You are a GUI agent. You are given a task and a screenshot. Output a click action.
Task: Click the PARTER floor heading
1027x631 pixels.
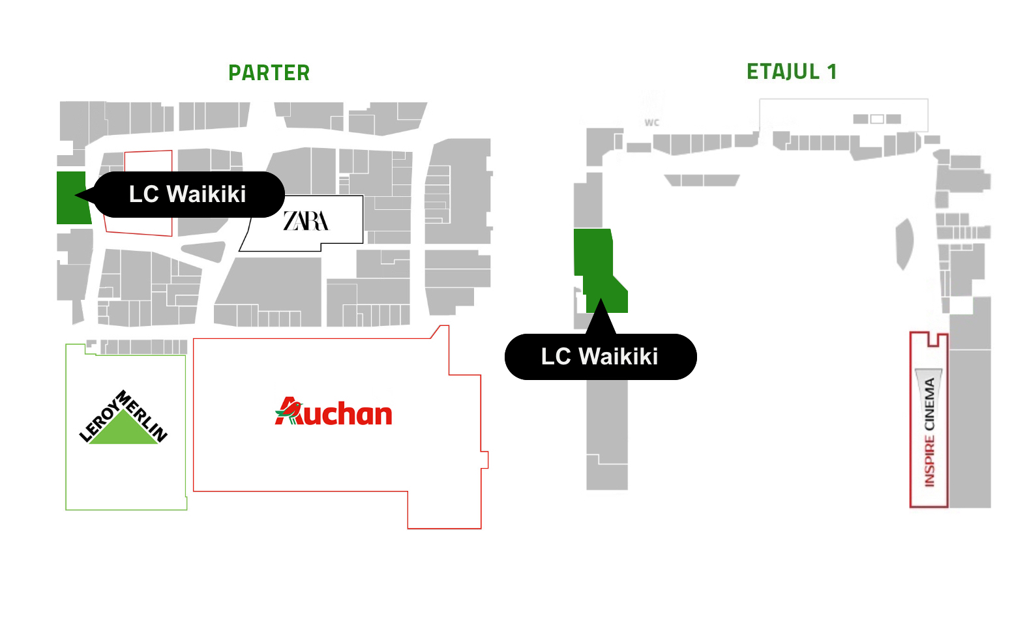click(x=269, y=73)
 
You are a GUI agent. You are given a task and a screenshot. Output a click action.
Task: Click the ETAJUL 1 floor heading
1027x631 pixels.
click(x=792, y=72)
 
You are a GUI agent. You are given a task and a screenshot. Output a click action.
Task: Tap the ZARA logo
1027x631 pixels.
click(x=306, y=221)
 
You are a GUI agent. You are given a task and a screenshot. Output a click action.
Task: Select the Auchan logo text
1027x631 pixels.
click(x=333, y=411)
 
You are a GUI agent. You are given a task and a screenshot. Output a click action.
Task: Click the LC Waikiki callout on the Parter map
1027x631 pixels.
click(x=188, y=194)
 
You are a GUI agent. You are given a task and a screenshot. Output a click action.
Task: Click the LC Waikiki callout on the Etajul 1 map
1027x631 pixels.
click(x=601, y=357)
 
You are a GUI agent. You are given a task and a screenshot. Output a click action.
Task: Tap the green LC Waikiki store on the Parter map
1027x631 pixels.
click(x=72, y=198)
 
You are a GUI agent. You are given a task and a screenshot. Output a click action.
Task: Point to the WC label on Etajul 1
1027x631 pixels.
click(x=651, y=123)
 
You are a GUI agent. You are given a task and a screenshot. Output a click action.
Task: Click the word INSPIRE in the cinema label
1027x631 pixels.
click(x=929, y=462)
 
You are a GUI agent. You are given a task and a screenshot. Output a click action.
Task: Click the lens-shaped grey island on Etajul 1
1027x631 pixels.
click(x=904, y=244)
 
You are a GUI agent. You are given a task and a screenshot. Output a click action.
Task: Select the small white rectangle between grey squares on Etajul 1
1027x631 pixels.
click(x=877, y=119)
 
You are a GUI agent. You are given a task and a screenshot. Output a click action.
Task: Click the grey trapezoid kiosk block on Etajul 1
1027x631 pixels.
click(x=702, y=180)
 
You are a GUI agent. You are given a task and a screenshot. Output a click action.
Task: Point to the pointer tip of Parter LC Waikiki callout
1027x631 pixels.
click(x=75, y=195)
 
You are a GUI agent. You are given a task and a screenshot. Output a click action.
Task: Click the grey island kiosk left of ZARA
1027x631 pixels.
click(x=203, y=251)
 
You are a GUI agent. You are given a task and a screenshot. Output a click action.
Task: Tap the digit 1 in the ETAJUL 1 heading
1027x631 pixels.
click(x=831, y=72)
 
